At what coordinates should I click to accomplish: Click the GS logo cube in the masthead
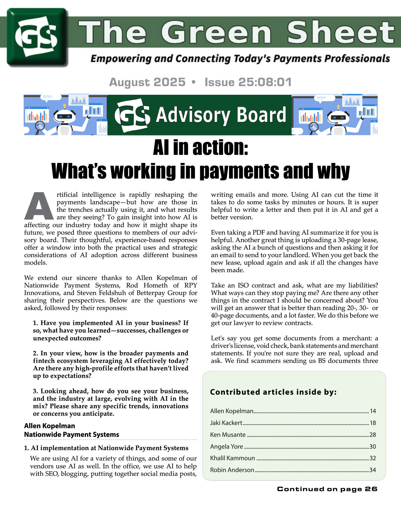tap(37, 37)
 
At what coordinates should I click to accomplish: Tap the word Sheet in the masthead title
tap(340, 32)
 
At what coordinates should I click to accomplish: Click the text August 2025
tap(147, 82)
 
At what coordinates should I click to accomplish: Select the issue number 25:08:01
tap(265, 82)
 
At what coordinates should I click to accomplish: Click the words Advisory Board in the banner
tap(221, 115)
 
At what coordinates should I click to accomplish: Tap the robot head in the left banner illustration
tap(64, 117)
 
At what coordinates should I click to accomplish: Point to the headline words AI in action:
tap(200, 148)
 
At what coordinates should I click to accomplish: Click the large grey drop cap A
tap(39, 206)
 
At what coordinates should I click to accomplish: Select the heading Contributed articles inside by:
tap(273, 392)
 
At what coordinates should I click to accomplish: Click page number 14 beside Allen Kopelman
tap(373, 411)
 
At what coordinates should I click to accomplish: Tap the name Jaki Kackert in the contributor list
tap(226, 423)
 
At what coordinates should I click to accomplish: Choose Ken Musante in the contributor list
tap(228, 435)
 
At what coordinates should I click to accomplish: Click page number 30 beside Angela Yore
tap(373, 447)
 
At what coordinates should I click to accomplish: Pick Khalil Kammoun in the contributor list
tap(233, 458)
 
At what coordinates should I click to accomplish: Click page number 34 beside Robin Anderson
tap(373, 470)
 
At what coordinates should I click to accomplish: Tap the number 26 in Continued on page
tap(371, 489)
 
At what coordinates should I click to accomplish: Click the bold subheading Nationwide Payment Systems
tap(72, 434)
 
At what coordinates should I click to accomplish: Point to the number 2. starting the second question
tap(36, 353)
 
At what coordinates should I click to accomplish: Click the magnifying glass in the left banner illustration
tap(40, 126)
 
